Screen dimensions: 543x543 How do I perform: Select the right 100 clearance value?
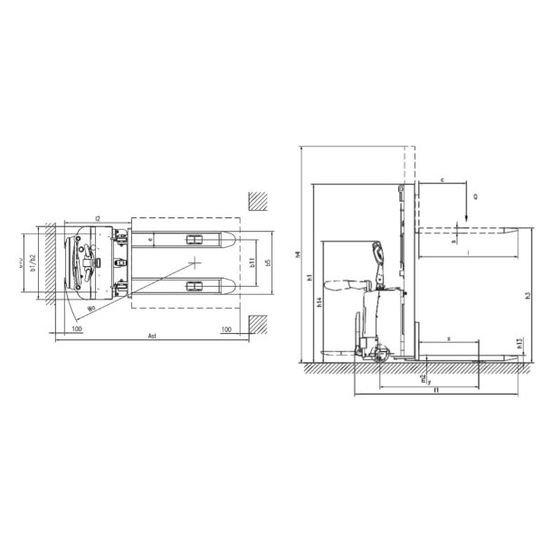coord(226,328)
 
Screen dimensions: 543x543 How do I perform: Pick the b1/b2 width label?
coord(32,262)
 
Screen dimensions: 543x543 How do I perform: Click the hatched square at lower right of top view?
coord(259,323)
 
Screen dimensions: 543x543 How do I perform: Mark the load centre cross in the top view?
coord(194,263)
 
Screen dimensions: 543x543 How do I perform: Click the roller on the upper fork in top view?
coord(193,240)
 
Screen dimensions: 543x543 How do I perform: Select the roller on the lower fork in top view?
coord(193,287)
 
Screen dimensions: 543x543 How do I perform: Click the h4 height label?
coord(299,254)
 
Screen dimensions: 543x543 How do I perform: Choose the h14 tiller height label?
coord(319,304)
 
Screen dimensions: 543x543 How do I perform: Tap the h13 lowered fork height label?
coord(519,343)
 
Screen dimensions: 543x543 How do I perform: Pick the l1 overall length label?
coord(436,390)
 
